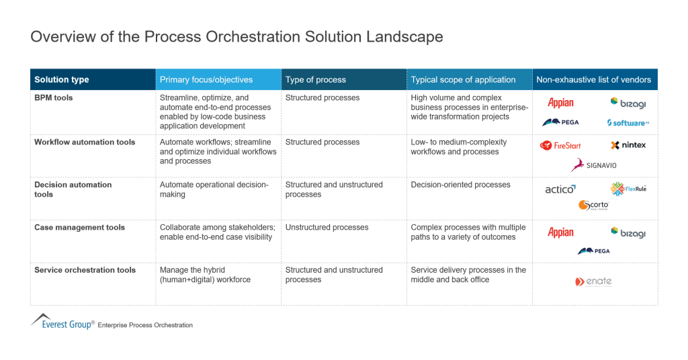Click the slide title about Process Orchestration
tap(236, 36)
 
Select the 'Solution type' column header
tap(62, 79)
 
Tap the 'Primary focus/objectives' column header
tap(206, 79)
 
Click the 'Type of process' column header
tap(316, 79)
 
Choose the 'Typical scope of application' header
tap(464, 79)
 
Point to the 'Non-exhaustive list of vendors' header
tap(594, 79)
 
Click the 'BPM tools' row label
tap(54, 98)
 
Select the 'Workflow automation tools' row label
tap(85, 142)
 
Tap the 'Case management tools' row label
tap(79, 228)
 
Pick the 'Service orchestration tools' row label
tap(85, 270)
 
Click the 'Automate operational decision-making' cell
tap(214, 189)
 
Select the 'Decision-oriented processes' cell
tap(461, 185)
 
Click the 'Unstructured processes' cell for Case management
tap(327, 228)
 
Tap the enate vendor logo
tap(594, 281)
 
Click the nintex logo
tap(628, 145)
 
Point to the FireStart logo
tap(561, 145)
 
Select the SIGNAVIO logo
tap(594, 165)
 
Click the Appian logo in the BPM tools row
tap(560, 103)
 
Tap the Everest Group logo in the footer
tap(62, 321)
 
